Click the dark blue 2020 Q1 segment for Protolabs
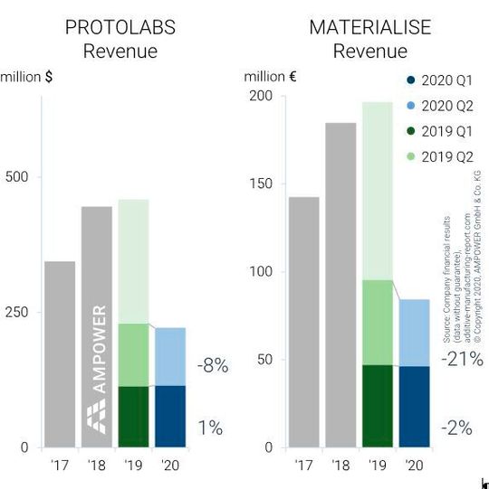[170, 416]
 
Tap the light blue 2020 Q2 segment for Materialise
[415, 333]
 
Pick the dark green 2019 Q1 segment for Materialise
[378, 406]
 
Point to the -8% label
[213, 366]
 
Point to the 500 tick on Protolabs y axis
[17, 176]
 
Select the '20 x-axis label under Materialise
[415, 465]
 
